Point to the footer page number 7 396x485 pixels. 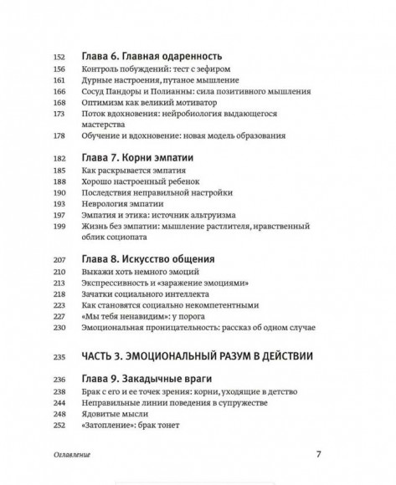click(319, 457)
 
